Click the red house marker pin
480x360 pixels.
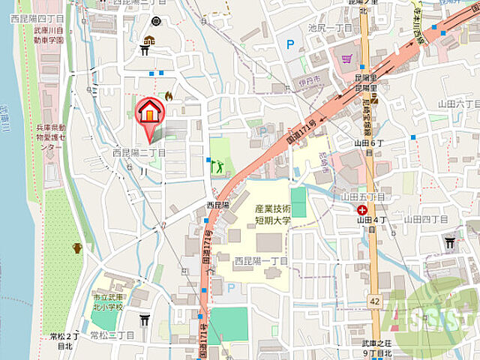coord(150,113)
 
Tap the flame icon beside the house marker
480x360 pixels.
coord(168,96)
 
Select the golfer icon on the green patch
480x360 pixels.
coord(218,165)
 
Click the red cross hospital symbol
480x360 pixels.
coord(363,211)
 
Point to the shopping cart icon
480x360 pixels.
coord(346,57)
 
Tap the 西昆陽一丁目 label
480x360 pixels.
coord(262,261)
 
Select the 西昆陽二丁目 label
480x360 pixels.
coord(139,152)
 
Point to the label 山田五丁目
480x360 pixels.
coord(362,196)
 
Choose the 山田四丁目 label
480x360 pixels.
coord(425,219)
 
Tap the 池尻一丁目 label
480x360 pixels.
coord(328,27)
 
